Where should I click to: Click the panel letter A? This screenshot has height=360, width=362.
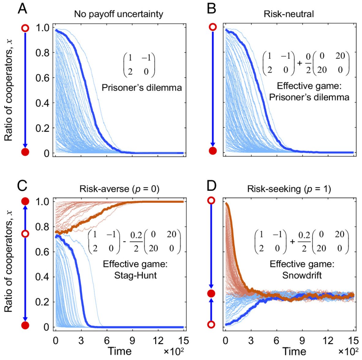(22, 8)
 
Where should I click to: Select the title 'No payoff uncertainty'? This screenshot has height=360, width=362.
(119, 14)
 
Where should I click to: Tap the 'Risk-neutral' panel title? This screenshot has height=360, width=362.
(288, 14)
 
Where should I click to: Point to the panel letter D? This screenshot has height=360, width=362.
(212, 186)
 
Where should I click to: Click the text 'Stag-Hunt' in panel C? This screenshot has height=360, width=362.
(135, 275)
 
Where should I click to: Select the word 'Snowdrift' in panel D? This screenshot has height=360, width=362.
(302, 275)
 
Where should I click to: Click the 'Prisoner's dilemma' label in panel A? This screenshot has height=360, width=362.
(141, 88)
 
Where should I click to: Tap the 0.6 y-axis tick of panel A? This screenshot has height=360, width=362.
(42, 78)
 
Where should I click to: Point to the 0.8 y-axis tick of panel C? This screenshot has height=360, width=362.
(42, 227)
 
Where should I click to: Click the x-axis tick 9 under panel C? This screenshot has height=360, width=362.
(132, 340)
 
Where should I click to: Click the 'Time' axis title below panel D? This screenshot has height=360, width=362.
(294, 351)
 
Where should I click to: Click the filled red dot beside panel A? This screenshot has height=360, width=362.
(25, 152)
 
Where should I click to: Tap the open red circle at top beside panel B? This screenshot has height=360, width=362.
(213, 27)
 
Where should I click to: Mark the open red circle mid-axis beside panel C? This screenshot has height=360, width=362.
(25, 234)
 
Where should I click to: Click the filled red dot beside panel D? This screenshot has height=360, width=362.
(211, 294)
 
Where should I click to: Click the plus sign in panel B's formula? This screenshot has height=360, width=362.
(300, 64)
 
